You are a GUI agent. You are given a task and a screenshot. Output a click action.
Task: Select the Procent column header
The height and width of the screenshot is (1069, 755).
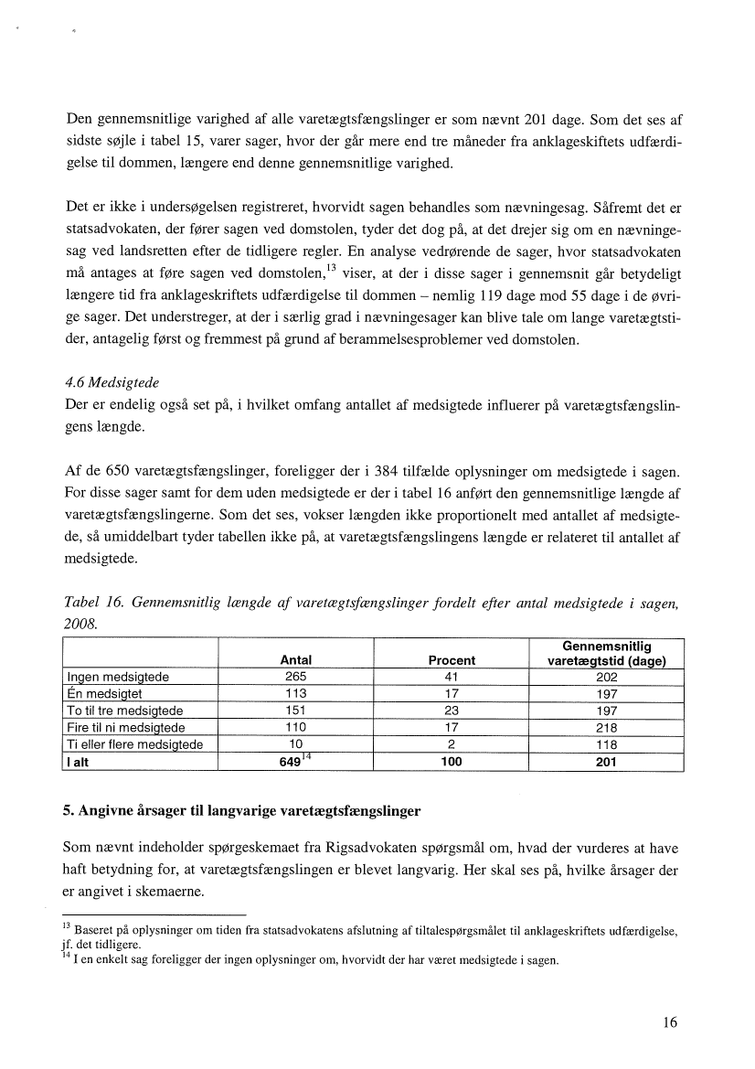coord(452,660)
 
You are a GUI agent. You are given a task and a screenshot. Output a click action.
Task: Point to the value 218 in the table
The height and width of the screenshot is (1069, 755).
coord(606,728)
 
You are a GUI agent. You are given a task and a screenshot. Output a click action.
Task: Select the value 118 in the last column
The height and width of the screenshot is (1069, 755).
coord(606,744)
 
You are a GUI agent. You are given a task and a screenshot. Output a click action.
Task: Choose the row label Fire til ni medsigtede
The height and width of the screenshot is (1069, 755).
coord(126,728)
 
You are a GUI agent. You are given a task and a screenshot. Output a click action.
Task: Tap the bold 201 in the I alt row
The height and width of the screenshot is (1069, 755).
coord(606,763)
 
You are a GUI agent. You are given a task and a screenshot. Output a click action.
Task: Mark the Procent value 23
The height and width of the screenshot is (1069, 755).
coord(452,711)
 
